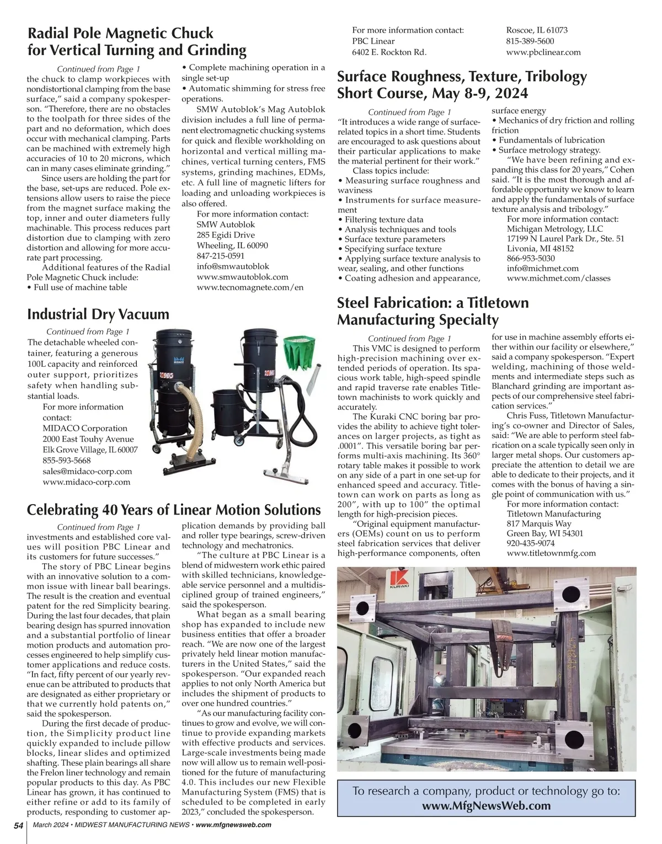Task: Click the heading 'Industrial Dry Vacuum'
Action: (x=98, y=314)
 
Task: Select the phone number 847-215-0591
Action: (x=220, y=256)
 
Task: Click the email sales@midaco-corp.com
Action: (x=87, y=471)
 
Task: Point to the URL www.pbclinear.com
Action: (x=543, y=52)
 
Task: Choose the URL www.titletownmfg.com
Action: (x=551, y=553)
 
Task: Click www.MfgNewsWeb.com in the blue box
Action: (x=486, y=805)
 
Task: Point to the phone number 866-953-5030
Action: (x=531, y=258)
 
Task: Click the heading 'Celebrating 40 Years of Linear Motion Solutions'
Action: (x=174, y=510)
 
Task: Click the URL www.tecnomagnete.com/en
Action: (x=250, y=287)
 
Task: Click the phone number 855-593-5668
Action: (x=67, y=460)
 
